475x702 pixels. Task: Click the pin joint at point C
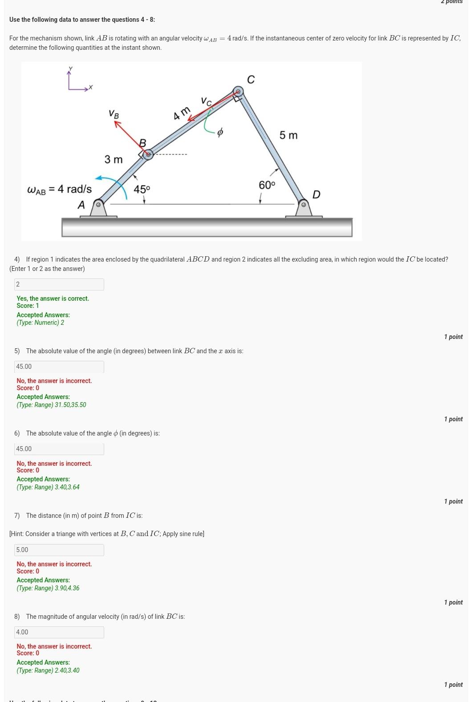coord(239,92)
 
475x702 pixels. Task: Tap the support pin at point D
coord(304,205)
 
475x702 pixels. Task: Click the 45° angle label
coord(142,189)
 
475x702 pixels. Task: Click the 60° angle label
coord(267,185)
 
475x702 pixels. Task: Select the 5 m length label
coord(288,135)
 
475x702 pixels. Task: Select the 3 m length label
coord(113,159)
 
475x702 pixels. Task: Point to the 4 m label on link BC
coord(182,113)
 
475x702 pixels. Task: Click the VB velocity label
coord(114,114)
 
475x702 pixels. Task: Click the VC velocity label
coord(206,101)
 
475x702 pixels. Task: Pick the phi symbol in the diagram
coord(219,132)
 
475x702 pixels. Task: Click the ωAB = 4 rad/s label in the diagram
coord(60,190)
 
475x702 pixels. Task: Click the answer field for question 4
coord(59,284)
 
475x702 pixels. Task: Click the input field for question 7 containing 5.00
coord(59,550)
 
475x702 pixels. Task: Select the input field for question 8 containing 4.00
coord(59,632)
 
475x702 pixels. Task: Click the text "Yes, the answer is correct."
coord(53,299)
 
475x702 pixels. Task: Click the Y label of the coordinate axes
coord(70,69)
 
